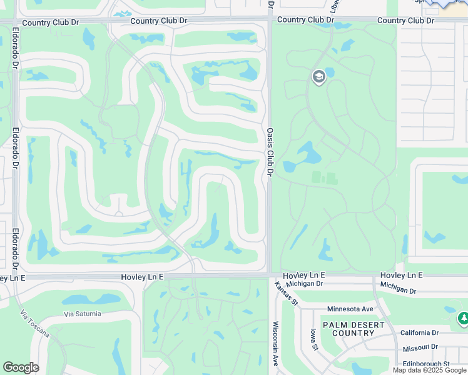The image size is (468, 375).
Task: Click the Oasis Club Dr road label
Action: (270, 152)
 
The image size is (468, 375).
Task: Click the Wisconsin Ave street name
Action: (274, 344)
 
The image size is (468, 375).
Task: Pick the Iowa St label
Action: (315, 339)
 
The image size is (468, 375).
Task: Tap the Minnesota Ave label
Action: (350, 309)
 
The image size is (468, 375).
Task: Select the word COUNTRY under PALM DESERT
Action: (353, 333)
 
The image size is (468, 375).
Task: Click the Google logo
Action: (21, 367)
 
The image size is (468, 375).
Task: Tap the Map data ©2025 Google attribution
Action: (429, 370)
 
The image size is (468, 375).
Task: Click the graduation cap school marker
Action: (318, 77)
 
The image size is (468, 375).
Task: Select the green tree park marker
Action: (462, 319)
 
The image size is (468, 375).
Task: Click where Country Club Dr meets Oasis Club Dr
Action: (270, 21)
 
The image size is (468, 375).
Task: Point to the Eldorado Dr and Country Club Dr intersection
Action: (15, 22)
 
